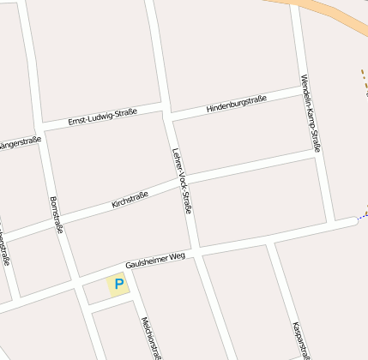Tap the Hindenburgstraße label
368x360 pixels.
(236, 104)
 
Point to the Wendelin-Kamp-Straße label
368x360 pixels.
(311, 114)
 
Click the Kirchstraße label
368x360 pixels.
(130, 201)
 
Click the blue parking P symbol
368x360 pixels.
(118, 284)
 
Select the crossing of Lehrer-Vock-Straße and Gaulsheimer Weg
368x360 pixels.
(198, 251)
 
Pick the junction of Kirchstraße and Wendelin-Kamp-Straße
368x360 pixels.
(317, 153)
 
